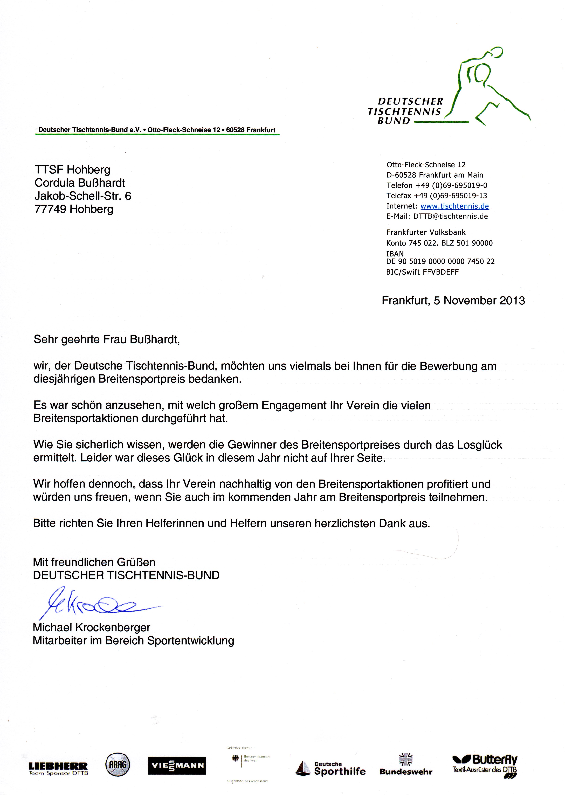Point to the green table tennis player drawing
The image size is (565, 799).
point(487,85)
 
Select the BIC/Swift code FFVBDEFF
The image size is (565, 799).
point(441,272)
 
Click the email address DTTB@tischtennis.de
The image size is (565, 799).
point(450,217)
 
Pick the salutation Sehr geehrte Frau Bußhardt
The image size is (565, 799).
point(107,339)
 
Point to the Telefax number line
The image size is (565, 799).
point(437,196)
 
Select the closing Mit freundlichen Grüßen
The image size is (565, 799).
point(94,562)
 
